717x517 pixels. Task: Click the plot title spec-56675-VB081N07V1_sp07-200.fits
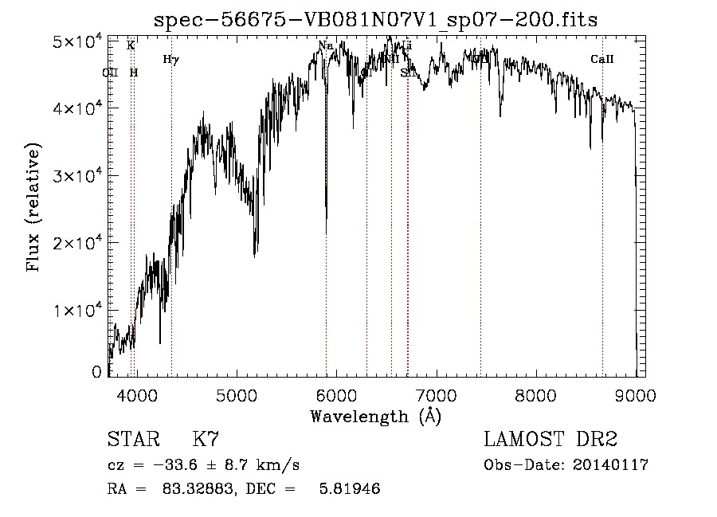tap(375, 18)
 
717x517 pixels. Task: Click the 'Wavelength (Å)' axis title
tap(375, 415)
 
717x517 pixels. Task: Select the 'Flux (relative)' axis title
tap(33, 209)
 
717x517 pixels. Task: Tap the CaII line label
tap(602, 60)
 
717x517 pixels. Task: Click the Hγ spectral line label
tap(170, 60)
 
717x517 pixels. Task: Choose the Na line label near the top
tap(325, 46)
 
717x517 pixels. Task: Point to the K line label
tap(131, 46)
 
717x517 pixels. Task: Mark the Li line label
tap(407, 46)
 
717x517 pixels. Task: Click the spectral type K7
tap(206, 440)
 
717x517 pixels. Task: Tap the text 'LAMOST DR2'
tap(550, 440)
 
